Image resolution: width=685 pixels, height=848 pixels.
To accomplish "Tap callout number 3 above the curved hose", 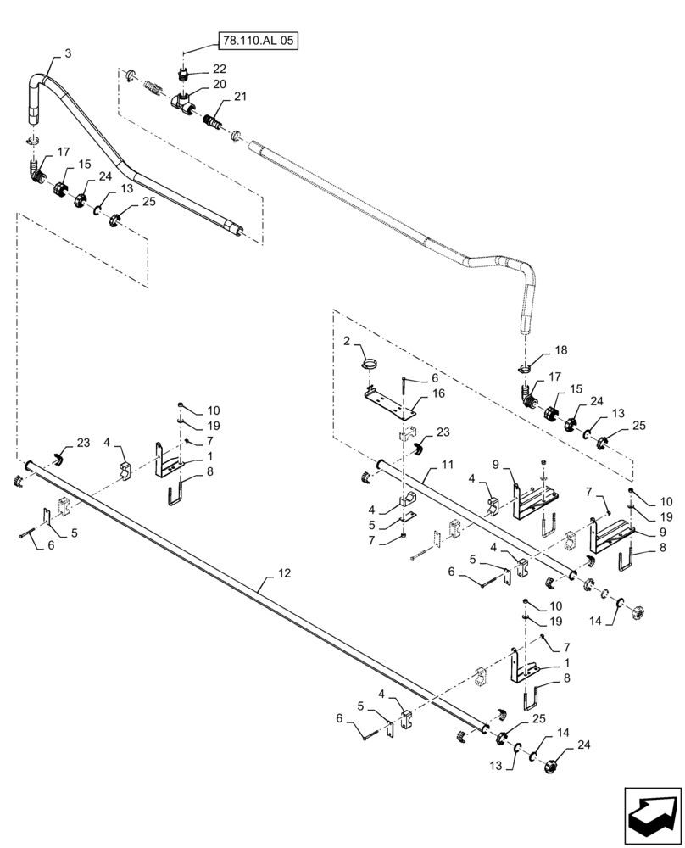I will pos(68,53).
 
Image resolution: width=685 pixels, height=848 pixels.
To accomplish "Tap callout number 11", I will pos(446,466).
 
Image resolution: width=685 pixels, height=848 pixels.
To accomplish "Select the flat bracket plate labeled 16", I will pos(388,400).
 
